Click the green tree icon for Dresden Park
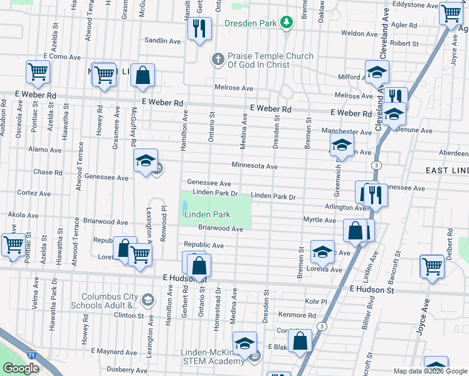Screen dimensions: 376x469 (287, 23)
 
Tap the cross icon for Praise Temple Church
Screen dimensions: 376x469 (218, 60)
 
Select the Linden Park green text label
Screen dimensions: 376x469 (207, 214)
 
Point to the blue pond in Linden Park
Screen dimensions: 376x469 (186, 206)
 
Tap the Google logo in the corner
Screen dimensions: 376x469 (21, 368)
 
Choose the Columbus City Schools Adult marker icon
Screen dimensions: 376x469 (147, 300)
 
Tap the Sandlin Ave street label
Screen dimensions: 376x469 (162, 41)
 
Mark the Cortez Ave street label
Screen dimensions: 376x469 (29, 193)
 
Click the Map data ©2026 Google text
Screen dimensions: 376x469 (430, 371)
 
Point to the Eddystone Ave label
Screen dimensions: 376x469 (413, 5)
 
